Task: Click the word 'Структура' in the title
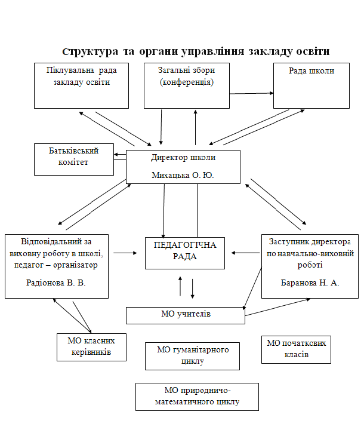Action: (x=90, y=52)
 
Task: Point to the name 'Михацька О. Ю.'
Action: (x=183, y=175)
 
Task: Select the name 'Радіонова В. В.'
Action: (x=55, y=283)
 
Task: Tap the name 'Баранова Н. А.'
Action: (x=310, y=283)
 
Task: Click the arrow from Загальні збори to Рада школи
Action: (x=251, y=93)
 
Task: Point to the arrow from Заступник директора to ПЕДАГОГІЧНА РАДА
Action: (x=246, y=253)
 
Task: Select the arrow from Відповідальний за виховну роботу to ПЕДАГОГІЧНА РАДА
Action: (x=125, y=253)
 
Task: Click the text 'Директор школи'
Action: (x=183, y=158)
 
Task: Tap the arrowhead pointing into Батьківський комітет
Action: (x=116, y=154)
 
